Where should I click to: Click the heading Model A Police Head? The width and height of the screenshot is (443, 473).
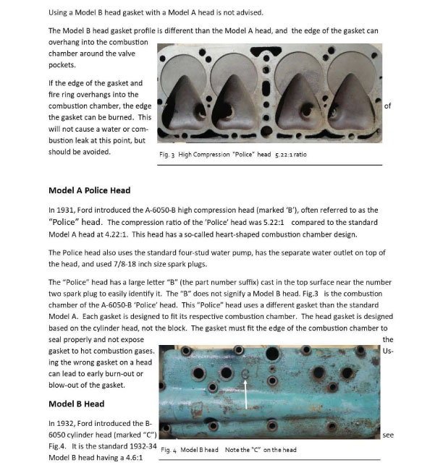[x=89, y=190]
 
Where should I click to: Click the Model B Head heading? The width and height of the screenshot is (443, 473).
[x=76, y=404]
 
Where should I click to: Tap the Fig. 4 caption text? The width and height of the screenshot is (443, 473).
[x=228, y=449]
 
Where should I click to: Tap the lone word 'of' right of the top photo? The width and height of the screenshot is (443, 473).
[x=387, y=106]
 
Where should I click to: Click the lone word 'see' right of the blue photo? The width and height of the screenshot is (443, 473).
[x=388, y=435]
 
